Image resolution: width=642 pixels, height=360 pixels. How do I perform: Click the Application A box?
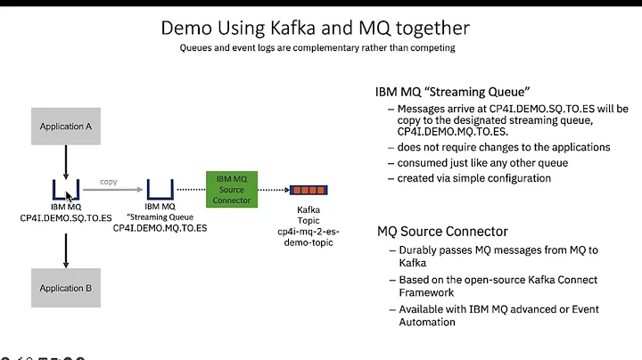[66, 127]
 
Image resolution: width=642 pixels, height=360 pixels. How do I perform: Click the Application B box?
[66, 288]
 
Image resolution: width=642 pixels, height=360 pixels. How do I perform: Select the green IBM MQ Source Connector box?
[231, 189]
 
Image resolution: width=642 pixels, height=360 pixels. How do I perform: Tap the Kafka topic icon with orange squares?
[308, 189]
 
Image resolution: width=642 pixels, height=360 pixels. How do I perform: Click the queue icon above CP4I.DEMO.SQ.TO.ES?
[66, 189]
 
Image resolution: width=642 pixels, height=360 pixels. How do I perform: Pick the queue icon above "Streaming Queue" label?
[160, 189]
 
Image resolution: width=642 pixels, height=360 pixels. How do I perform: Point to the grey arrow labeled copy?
[113, 190]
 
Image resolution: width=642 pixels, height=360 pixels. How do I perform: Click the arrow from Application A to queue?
[66, 161]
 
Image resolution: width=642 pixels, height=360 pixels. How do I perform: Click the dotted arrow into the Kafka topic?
[271, 190]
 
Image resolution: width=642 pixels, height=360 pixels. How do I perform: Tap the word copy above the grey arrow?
[109, 181]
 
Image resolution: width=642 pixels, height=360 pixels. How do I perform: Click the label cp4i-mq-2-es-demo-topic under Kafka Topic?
[308, 236]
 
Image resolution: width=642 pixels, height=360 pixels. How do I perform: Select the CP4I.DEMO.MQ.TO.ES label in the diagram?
[160, 228]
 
